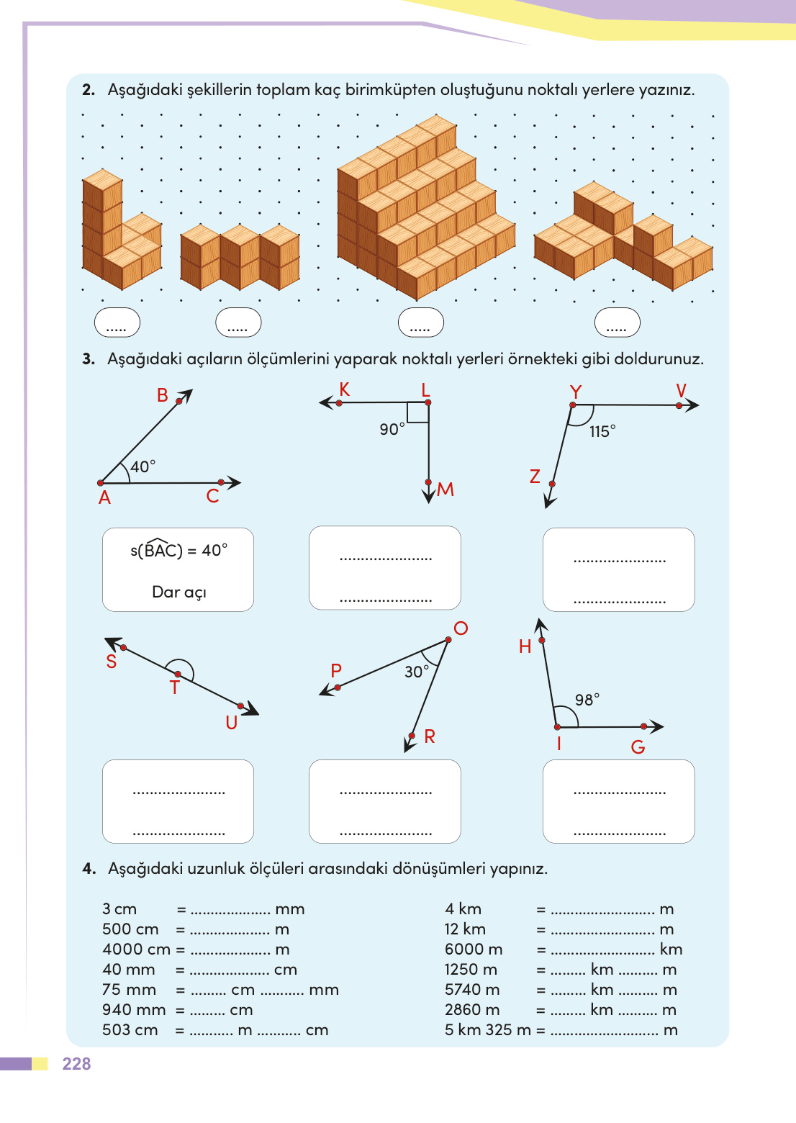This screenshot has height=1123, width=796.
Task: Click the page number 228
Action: [x=76, y=1064]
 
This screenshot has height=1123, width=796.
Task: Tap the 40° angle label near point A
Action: [x=143, y=466]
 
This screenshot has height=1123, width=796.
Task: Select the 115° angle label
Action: [x=602, y=431]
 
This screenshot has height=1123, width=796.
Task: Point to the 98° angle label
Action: [x=587, y=700]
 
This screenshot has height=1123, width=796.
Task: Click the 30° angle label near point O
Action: [x=417, y=672]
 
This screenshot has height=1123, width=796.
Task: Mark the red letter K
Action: [x=345, y=389]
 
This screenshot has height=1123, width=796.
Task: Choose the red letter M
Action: [x=446, y=490]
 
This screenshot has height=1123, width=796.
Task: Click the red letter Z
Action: [x=535, y=477]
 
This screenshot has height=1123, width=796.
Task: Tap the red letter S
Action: [x=112, y=662]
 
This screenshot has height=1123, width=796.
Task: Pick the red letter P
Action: [x=336, y=670]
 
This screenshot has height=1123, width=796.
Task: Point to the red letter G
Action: [x=638, y=747]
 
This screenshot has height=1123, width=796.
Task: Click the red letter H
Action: [x=525, y=646]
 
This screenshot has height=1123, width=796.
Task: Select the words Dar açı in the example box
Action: [x=178, y=592]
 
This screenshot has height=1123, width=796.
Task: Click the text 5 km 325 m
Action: [x=487, y=1029]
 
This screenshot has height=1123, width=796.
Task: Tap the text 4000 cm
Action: [x=136, y=949]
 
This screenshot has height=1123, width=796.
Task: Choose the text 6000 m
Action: [x=474, y=949]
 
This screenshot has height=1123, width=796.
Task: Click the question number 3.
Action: [x=89, y=358]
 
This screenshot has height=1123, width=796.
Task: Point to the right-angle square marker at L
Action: [x=418, y=412]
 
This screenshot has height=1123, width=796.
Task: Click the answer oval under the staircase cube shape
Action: [x=421, y=323]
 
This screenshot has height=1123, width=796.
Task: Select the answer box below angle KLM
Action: [x=385, y=568]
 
